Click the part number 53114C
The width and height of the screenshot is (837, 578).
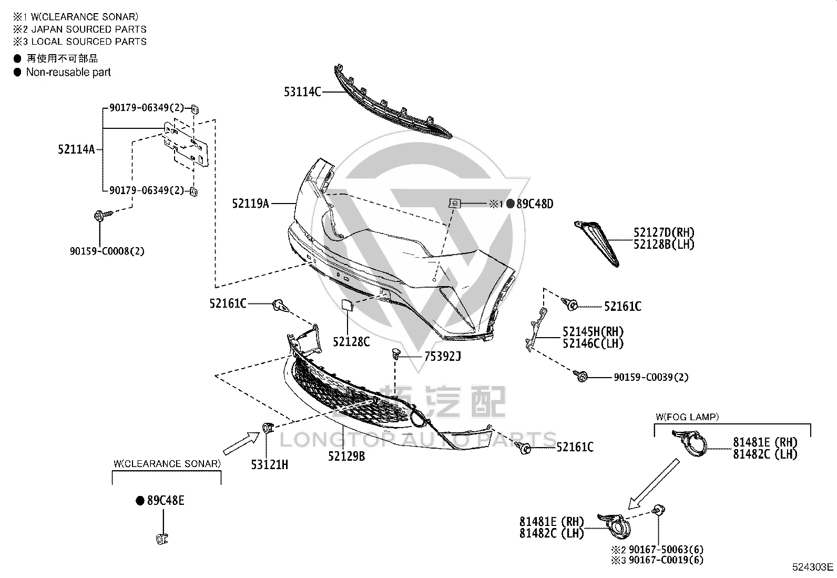(302, 92)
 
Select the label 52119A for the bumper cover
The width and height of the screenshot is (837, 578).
(250, 204)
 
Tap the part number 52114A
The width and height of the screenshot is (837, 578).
(76, 149)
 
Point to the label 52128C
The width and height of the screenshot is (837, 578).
(351, 342)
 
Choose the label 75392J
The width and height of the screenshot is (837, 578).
(442, 356)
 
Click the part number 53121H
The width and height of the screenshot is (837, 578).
(269, 465)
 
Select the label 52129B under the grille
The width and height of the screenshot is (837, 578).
(346, 456)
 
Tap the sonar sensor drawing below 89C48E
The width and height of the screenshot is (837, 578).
(162, 539)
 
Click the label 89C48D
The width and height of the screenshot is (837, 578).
(535, 204)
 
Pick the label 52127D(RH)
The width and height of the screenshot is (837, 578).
(664, 232)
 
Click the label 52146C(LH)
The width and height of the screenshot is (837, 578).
(593, 343)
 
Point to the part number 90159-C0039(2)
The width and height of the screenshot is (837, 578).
(651, 377)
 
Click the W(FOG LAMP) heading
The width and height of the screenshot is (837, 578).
(687, 417)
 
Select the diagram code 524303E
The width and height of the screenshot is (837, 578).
(813, 567)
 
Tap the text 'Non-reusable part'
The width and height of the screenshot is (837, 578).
(68, 72)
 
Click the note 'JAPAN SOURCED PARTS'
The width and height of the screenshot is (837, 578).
(89, 29)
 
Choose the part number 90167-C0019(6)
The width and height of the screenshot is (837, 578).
(666, 560)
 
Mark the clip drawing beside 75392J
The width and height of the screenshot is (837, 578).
(396, 353)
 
